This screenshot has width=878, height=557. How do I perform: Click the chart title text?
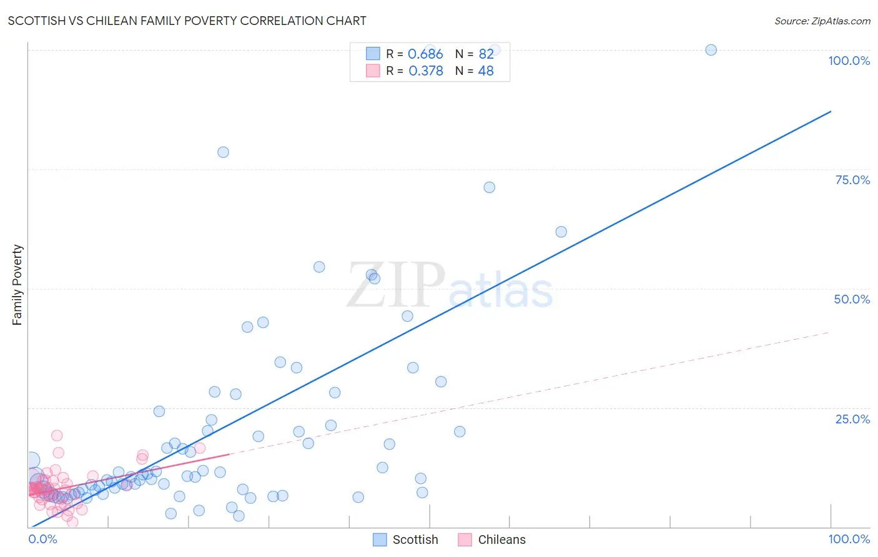187,21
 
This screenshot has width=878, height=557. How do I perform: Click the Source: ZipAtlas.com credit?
822,21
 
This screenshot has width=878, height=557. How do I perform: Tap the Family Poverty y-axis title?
17,285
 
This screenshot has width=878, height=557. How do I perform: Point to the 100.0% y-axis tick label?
849,61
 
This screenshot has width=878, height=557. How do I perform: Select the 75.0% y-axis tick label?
852,180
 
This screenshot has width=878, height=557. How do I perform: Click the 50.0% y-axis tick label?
852,299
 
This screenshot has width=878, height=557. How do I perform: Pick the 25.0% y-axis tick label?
852,418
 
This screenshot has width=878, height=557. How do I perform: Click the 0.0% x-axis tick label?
42,539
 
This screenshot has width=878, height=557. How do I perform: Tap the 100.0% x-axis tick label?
849,539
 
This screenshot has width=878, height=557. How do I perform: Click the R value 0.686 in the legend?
425,54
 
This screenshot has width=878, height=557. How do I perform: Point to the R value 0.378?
425,71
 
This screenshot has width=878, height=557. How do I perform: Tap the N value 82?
486,54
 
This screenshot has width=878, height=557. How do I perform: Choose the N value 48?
486,71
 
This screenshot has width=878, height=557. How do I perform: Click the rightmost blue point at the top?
711,50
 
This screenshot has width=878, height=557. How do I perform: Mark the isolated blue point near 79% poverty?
223,152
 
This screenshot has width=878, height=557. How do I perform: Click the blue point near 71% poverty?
490,187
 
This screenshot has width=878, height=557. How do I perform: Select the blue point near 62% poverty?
561,232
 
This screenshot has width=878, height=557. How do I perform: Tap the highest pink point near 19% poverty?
57,435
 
